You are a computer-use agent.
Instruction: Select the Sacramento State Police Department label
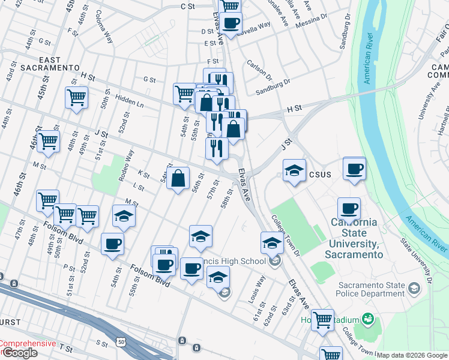pos(371,289)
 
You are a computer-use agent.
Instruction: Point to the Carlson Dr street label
pos(259,70)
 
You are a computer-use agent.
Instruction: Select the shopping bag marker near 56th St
pos(178,178)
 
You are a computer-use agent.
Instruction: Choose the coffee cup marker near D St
pos(231,23)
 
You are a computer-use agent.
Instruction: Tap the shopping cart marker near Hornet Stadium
pos(322,320)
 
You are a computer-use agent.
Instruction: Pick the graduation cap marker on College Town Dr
pos(272,242)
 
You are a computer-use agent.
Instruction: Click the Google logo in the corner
pos(19,353)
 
